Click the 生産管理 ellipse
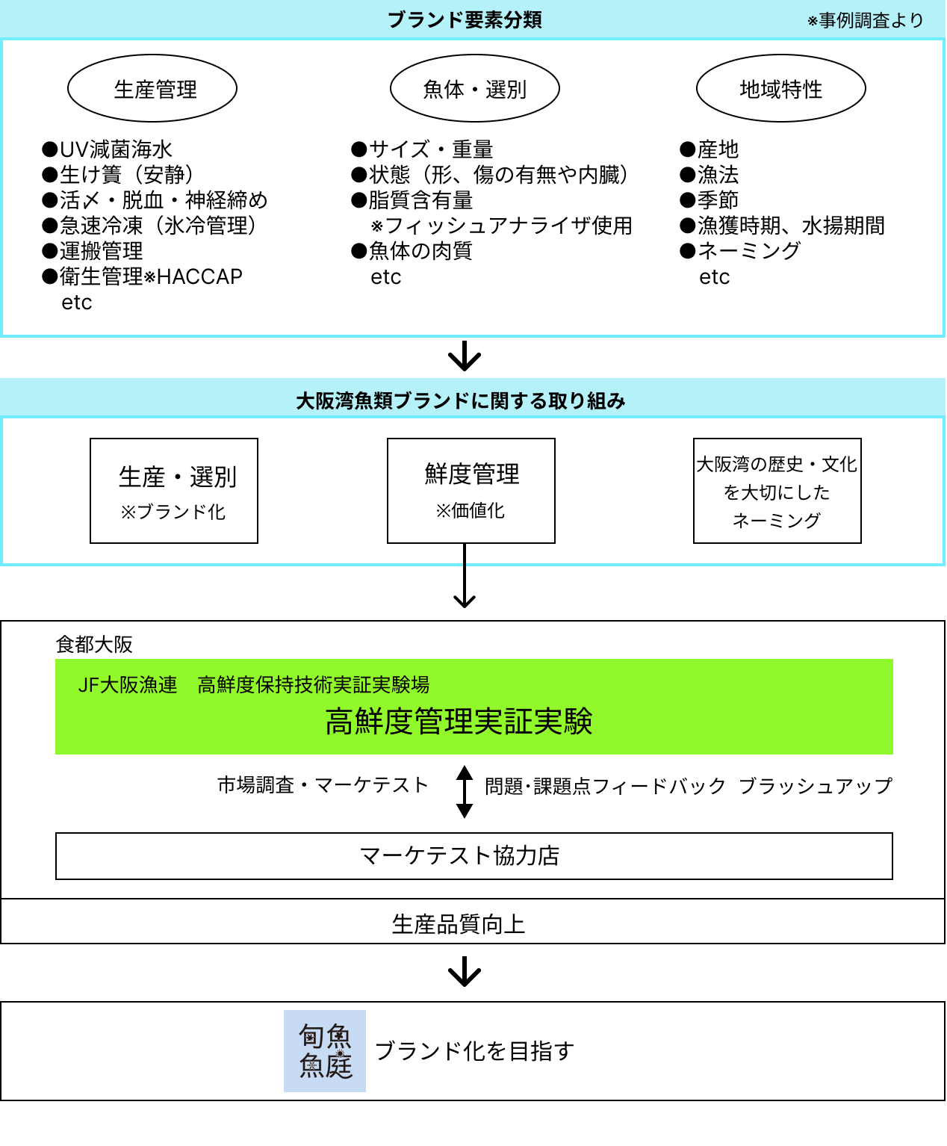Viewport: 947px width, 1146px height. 152,88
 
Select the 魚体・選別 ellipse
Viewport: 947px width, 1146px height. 475,88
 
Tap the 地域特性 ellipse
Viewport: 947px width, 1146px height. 781,88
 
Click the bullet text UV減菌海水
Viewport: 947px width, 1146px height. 115,149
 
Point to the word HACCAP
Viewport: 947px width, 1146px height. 199,276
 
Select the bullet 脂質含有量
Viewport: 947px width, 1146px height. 420,200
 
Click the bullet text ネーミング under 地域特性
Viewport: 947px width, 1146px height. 748,251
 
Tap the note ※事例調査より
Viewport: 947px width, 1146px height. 866,21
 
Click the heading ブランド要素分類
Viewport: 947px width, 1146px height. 465,20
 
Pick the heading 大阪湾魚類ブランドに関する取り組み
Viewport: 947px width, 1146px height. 461,401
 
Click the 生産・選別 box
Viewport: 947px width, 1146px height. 174,491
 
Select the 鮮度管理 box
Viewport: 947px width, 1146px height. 471,491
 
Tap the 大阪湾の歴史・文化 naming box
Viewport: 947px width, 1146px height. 777,491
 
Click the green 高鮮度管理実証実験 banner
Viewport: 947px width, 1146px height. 474,707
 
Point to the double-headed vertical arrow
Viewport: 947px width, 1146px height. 465,791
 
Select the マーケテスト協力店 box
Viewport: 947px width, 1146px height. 474,856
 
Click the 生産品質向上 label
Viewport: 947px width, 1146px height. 459,924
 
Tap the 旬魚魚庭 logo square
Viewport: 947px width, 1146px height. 325,1051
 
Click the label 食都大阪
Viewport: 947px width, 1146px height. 94,644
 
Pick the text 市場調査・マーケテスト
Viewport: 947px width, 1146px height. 323,784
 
